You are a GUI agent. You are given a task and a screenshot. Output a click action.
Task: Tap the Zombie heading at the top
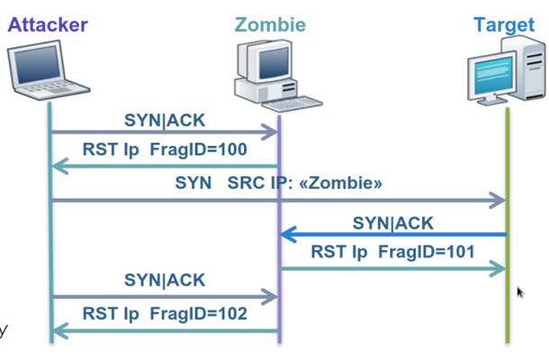(270, 24)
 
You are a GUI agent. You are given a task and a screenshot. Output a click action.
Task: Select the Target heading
(504, 24)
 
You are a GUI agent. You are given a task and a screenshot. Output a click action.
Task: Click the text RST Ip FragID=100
(164, 149)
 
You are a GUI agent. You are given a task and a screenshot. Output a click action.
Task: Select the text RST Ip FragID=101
(392, 251)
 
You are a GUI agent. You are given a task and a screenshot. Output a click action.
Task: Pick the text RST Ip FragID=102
(164, 315)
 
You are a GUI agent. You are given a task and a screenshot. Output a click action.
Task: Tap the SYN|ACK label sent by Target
(392, 222)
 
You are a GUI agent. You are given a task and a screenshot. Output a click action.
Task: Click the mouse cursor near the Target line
(520, 292)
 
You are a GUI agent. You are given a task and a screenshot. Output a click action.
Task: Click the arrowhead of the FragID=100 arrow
(58, 166)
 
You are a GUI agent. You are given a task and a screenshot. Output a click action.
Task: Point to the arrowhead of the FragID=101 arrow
(498, 267)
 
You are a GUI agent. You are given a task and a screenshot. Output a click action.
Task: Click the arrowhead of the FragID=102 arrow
(58, 331)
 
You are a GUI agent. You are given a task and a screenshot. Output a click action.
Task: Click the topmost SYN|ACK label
(164, 119)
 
